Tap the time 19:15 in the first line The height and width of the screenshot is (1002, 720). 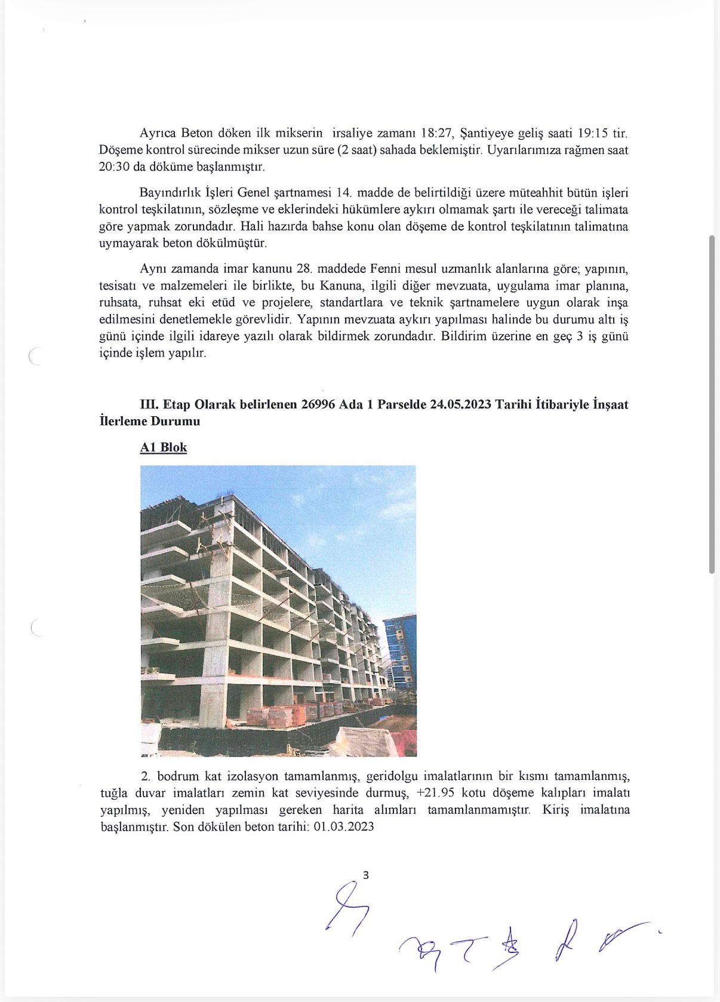click(593, 133)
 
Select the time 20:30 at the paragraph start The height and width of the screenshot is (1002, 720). click(114, 167)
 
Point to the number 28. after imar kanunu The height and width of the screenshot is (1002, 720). click(305, 269)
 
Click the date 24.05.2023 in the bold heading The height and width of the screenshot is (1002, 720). click(460, 404)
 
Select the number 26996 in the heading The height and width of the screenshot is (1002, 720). click(318, 404)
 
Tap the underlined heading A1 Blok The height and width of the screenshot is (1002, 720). click(164, 447)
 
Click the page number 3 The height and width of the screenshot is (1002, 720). click(366, 875)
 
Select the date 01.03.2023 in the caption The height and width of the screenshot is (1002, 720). click(344, 826)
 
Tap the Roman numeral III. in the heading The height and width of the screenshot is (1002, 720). click(149, 404)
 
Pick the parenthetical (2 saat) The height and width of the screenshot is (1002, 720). click(360, 150)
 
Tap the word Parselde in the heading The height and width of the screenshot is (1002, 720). click(402, 404)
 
